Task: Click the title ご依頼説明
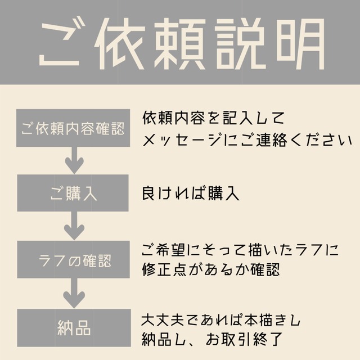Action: coord(180,44)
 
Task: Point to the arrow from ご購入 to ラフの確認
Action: coord(73,227)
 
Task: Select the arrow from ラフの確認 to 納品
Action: coord(73,294)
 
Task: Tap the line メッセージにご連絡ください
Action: coord(243,139)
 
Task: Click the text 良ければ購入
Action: coord(191,194)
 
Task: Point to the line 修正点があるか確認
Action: coord(211,270)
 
